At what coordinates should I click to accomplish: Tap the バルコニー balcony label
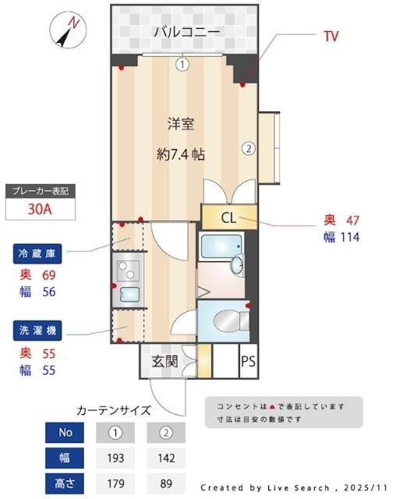pyautogui.click(x=186, y=32)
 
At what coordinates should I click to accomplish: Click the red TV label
pyautogui.click(x=331, y=36)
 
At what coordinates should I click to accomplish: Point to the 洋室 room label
pyautogui.click(x=182, y=122)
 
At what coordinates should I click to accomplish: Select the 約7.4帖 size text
pyautogui.click(x=181, y=154)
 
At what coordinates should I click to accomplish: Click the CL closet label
pyautogui.click(x=228, y=217)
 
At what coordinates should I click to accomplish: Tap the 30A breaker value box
pyautogui.click(x=41, y=209)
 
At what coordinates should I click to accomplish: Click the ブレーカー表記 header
pyautogui.click(x=41, y=190)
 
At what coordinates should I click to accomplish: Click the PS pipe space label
pyautogui.click(x=248, y=361)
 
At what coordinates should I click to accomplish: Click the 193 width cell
pyautogui.click(x=115, y=457)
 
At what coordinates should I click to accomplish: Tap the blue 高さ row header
pyautogui.click(x=65, y=483)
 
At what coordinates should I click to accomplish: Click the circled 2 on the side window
pyautogui.click(x=248, y=148)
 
